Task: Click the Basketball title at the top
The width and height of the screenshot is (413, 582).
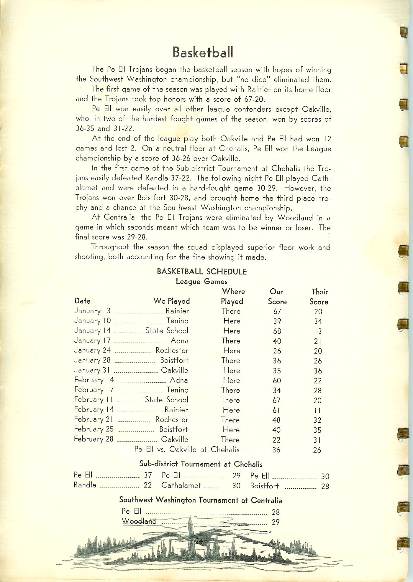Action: (x=203, y=52)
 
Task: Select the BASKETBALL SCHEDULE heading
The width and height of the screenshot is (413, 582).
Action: (x=202, y=271)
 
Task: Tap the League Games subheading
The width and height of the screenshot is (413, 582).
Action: (x=201, y=281)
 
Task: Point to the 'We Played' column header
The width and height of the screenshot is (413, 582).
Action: (x=171, y=301)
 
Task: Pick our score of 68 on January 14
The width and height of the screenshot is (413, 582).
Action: (x=277, y=331)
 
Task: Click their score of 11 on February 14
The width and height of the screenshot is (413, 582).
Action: (x=317, y=410)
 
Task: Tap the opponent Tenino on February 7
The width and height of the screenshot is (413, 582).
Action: (x=177, y=390)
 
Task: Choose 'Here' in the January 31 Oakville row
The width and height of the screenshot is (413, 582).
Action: (x=232, y=371)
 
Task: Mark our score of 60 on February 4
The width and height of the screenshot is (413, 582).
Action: (x=277, y=381)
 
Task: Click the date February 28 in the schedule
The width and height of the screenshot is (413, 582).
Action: (x=94, y=439)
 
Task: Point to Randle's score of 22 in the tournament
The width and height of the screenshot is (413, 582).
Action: (x=147, y=485)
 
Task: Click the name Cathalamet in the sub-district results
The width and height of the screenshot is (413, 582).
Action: (x=181, y=485)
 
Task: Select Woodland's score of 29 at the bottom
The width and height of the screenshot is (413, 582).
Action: (x=276, y=522)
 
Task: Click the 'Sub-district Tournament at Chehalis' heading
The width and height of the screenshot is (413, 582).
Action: (x=201, y=464)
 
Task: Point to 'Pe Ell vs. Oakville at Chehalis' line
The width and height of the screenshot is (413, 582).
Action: (x=187, y=449)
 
